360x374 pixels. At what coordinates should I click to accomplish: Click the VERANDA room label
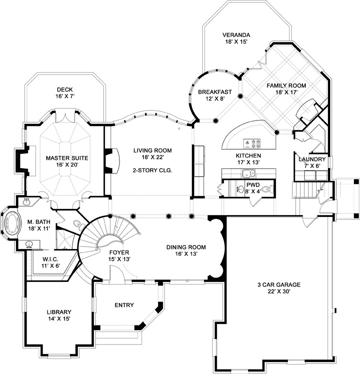click(x=236, y=35)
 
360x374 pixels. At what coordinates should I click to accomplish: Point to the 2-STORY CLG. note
click(x=153, y=170)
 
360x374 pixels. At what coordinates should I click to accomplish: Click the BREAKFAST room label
click(x=214, y=91)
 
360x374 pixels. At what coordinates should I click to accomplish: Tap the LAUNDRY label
click(x=312, y=159)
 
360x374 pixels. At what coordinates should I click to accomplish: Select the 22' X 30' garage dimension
click(x=279, y=291)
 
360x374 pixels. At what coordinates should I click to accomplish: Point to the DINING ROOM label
click(x=186, y=246)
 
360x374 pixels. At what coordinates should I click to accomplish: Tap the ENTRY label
click(x=123, y=305)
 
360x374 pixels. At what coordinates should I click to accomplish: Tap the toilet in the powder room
click(x=266, y=189)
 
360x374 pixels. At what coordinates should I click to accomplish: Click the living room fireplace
click(x=111, y=160)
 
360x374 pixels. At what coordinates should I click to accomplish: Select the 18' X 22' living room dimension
click(x=153, y=157)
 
